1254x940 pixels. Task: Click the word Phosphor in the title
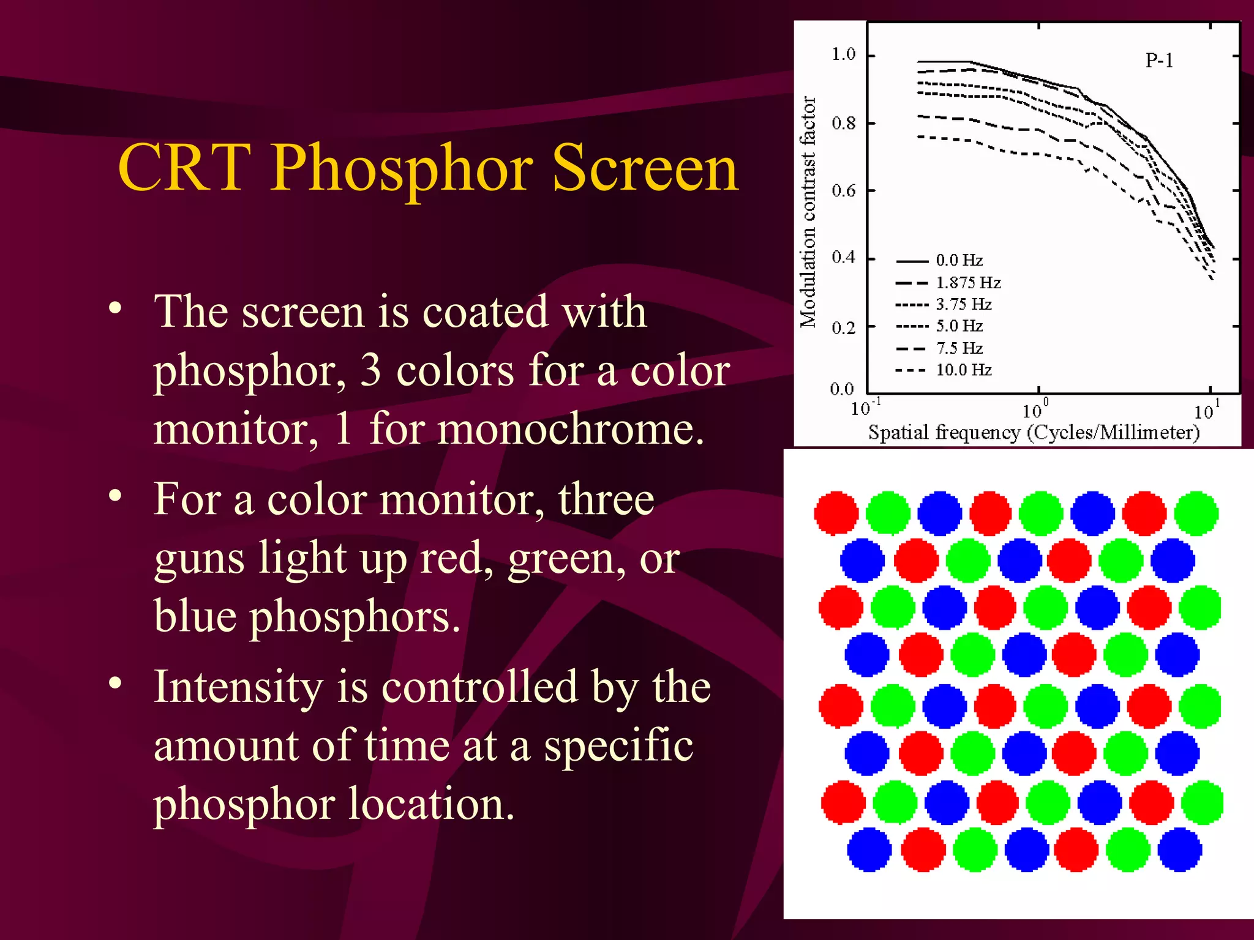401,168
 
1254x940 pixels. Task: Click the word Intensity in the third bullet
238,687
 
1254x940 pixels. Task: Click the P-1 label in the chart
1159,61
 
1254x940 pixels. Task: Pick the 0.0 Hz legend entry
959,261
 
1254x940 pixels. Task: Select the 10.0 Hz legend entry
963,370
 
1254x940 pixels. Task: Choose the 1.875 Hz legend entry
967,283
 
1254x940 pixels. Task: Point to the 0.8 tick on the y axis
843,124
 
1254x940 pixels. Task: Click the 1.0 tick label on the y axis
843,54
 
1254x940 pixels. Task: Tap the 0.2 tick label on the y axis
843,328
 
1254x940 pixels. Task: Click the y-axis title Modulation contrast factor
808,211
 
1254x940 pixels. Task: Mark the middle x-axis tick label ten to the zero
1035,409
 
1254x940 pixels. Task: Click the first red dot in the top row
836,513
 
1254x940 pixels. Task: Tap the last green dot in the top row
1196,513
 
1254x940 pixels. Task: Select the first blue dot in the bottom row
869,849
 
